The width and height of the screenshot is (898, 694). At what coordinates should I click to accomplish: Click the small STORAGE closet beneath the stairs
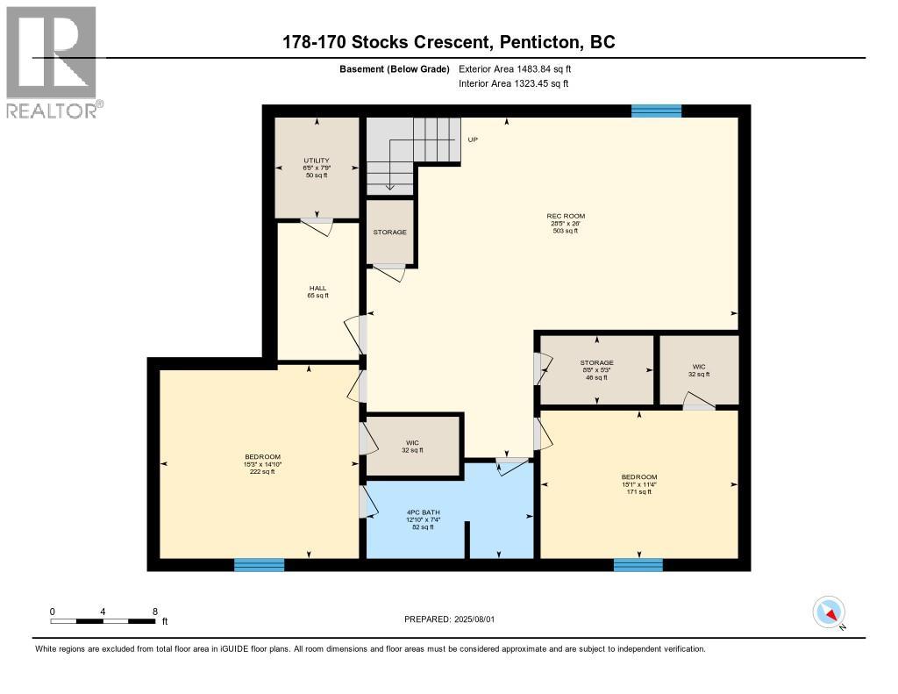pyautogui.click(x=389, y=233)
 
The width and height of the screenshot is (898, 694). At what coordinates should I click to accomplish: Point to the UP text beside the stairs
pyautogui.click(x=473, y=140)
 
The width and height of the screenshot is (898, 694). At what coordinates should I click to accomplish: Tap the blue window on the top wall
pyautogui.click(x=656, y=111)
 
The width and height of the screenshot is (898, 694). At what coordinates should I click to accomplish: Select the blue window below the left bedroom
pyautogui.click(x=259, y=565)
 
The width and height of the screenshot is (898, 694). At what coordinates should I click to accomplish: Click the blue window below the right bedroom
pyautogui.click(x=638, y=565)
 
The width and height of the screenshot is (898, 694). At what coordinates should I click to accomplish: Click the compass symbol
pyautogui.click(x=829, y=612)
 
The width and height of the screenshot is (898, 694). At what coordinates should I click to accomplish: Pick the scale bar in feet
pyautogui.click(x=103, y=621)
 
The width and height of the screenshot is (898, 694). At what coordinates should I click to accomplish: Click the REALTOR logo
pyautogui.click(x=53, y=61)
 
